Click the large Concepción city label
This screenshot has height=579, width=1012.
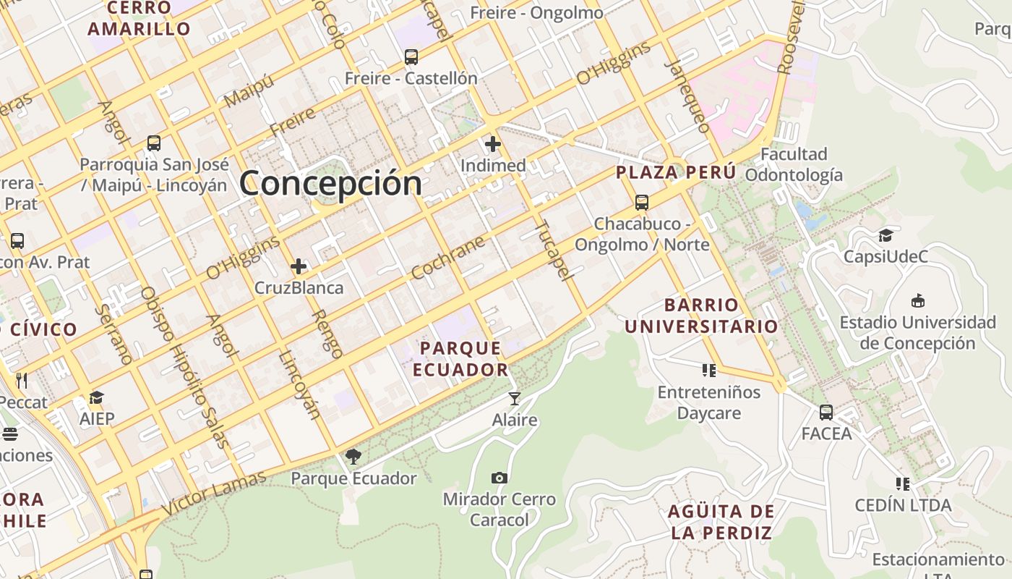(330, 182)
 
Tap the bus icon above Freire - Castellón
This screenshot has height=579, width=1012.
(411, 56)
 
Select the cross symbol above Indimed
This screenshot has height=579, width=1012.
(493, 144)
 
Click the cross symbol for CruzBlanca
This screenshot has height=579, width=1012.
(299, 266)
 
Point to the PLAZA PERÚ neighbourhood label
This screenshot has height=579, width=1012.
(676, 172)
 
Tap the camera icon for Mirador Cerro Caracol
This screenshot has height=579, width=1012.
(499, 478)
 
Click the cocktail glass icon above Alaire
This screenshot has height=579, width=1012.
(514, 398)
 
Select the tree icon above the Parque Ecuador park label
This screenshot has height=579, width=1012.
(353, 456)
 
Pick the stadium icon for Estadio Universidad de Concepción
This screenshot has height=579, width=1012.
(918, 300)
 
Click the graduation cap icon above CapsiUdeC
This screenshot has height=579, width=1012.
(885, 235)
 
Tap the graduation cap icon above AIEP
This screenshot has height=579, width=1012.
(97, 397)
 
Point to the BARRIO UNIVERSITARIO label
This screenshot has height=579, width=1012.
(701, 315)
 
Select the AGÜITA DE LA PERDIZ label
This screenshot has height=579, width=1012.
(721, 522)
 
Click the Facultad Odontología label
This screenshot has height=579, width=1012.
(794, 164)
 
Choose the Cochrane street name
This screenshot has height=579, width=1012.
(447, 258)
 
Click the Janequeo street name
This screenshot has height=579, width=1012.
(687, 96)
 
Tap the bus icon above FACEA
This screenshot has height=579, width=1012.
(826, 413)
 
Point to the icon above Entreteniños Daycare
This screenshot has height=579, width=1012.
(709, 371)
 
